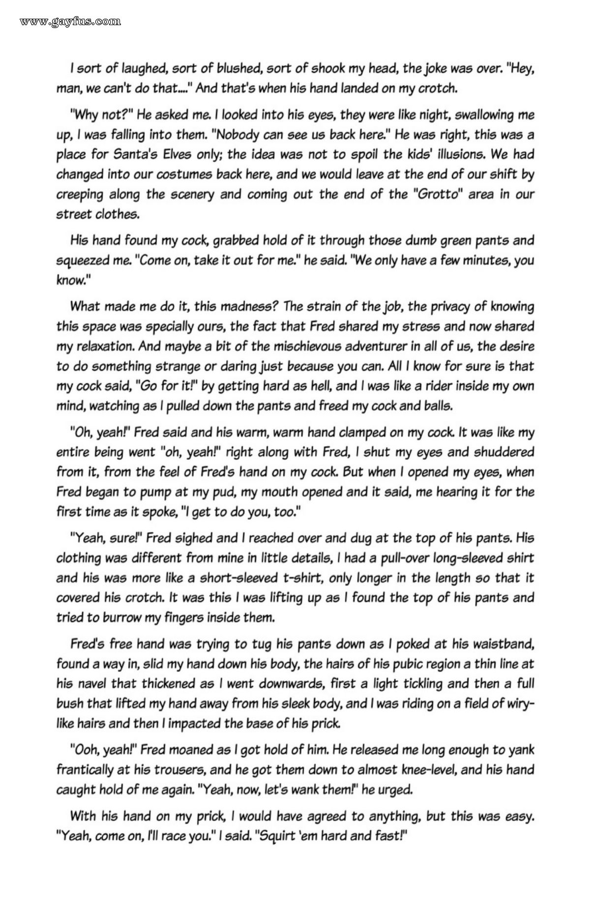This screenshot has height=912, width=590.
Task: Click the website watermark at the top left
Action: tap(69, 21)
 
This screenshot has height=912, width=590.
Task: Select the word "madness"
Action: tap(244, 306)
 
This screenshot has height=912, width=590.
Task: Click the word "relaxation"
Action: tap(103, 346)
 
